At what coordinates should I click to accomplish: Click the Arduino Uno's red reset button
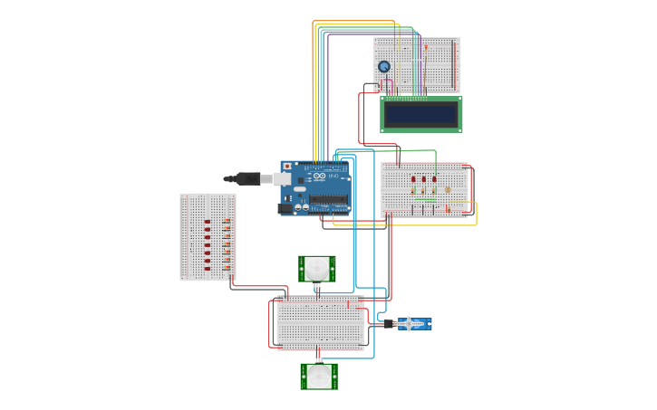[x=287, y=167]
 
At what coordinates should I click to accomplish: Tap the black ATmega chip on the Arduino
[x=327, y=200]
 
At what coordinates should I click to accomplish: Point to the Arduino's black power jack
[x=285, y=208]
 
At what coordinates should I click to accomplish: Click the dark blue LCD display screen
[x=421, y=114]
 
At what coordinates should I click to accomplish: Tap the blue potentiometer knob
[x=384, y=66]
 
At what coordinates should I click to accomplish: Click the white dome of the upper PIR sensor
[x=317, y=267]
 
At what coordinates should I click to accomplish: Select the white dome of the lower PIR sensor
[x=319, y=376]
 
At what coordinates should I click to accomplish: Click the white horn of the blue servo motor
[x=410, y=323]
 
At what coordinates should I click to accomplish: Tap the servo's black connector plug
[x=389, y=323]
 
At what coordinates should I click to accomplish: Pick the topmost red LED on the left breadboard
[x=208, y=222]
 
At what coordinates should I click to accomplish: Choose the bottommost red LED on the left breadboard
[x=208, y=268]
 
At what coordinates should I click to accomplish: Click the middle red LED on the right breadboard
[x=423, y=179]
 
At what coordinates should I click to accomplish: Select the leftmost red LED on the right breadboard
[x=413, y=179]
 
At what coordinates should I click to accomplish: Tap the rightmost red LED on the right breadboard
[x=434, y=179]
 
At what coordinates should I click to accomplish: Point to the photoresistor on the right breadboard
[x=448, y=189]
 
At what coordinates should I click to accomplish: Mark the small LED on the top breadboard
[x=427, y=46]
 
